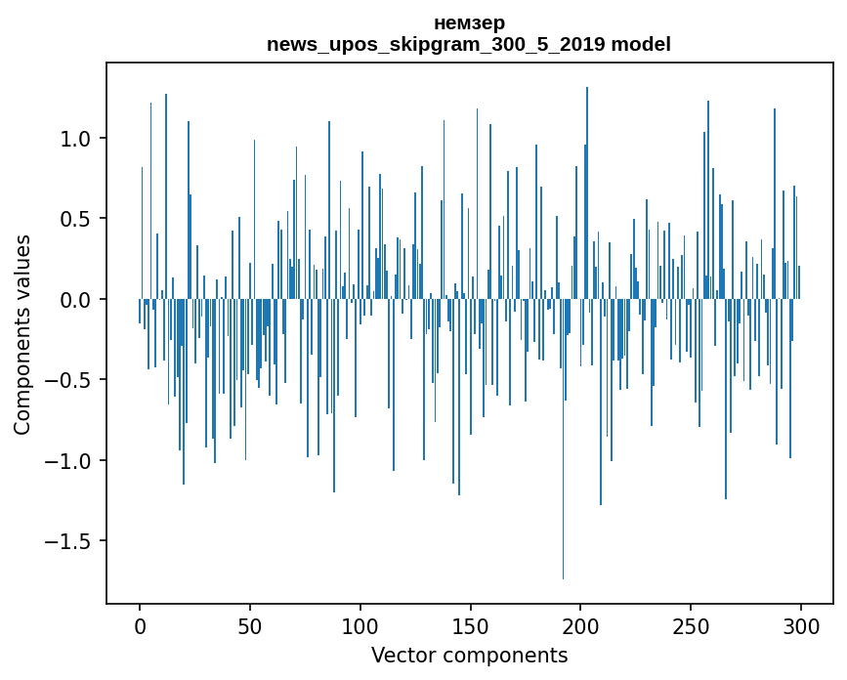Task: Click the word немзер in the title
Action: pos(469,23)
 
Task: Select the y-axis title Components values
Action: pos(22,334)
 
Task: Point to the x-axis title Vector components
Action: pos(469,656)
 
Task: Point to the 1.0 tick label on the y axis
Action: pos(75,139)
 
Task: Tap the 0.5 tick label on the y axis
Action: pos(75,219)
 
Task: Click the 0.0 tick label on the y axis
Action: pos(75,300)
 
